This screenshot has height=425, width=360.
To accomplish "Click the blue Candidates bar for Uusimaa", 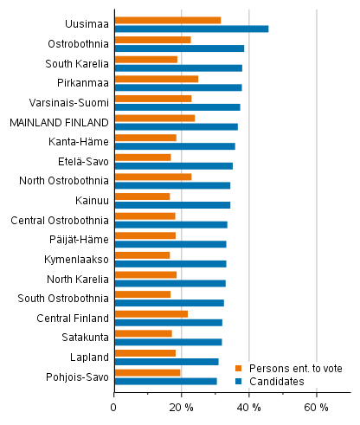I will click(191, 29).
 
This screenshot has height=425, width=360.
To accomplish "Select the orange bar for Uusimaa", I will click(167, 20).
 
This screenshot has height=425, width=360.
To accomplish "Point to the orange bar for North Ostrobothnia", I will click(152, 177).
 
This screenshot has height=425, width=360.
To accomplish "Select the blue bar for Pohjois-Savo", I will click(165, 381).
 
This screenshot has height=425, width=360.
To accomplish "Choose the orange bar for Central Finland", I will click(151, 313).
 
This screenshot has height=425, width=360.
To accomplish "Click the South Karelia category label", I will click(77, 63).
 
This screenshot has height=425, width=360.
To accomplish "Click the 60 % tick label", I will click(317, 408).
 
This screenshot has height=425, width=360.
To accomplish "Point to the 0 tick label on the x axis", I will click(114, 408).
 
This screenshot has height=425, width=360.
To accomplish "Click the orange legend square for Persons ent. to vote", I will click(240, 368).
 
